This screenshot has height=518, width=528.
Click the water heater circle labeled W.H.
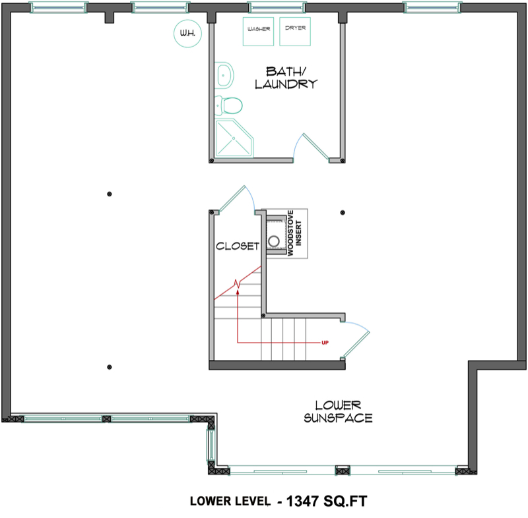[186, 34]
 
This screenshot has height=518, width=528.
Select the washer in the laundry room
[259, 33]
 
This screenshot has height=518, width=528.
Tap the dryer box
[294, 32]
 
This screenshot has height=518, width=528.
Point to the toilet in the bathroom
[229, 103]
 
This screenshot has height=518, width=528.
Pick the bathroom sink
[224, 74]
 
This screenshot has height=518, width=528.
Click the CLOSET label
[238, 246]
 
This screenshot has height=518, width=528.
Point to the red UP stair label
[324, 343]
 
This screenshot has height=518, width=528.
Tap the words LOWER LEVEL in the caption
[230, 501]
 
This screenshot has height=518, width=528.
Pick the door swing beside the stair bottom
[359, 336]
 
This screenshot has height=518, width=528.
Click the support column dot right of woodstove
[342, 212]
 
